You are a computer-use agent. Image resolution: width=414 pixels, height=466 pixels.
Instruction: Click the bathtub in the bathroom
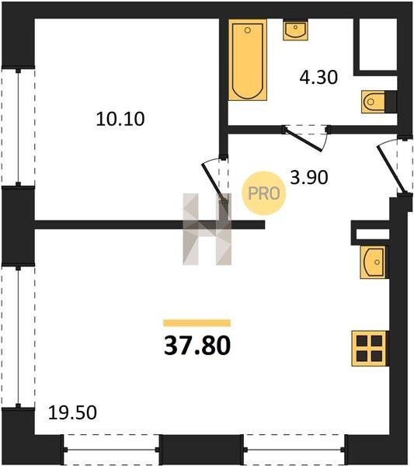248,60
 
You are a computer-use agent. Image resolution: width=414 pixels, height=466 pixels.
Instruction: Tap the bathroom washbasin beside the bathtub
295,30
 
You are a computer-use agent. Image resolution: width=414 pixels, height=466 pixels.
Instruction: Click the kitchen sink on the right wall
374,263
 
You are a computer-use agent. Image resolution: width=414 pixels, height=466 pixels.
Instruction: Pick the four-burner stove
371,348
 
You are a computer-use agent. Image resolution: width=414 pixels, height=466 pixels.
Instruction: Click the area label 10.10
120,119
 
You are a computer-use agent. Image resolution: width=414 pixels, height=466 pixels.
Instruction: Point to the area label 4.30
318,77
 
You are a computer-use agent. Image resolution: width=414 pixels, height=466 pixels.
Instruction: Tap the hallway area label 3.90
309,178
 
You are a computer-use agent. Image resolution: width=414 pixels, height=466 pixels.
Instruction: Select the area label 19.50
72,413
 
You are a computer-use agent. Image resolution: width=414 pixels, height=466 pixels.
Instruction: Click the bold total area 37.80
197,346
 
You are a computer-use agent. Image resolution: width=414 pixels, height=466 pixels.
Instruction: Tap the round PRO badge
263,193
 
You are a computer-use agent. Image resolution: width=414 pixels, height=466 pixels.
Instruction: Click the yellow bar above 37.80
197,323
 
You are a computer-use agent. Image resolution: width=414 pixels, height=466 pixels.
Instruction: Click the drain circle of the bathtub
248,30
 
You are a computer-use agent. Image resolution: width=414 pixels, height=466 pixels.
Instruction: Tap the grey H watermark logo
207,229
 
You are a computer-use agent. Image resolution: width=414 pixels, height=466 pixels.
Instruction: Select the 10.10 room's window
18,127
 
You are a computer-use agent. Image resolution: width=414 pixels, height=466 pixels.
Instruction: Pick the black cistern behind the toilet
391,102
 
